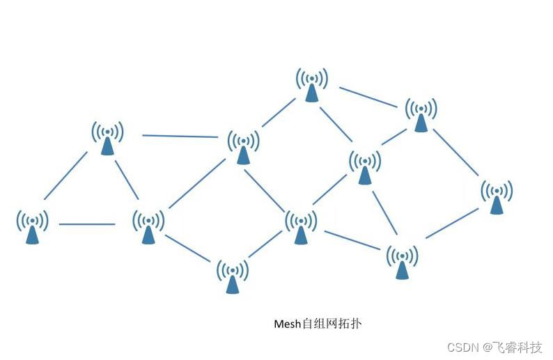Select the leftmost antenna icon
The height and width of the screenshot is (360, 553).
pyautogui.click(x=32, y=228)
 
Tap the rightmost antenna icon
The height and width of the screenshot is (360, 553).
pyautogui.click(x=497, y=197)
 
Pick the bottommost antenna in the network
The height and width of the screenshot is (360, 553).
pyautogui.click(x=232, y=276)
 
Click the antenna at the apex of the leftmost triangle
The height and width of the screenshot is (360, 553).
pyautogui.click(x=107, y=139)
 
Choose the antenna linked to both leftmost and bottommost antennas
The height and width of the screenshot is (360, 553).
pyautogui.click(x=148, y=228)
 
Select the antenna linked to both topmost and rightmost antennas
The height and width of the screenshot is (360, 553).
pyautogui.click(x=421, y=115)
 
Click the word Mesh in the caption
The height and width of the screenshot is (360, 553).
pyautogui.click(x=286, y=324)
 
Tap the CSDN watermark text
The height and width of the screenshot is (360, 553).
pyautogui.click(x=461, y=347)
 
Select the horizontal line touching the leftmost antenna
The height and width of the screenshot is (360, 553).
pyautogui.click(x=87, y=224)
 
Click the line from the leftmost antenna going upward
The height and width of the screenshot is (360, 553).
pyautogui.click(x=66, y=175)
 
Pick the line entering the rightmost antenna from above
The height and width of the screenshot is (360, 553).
pyautogui.click(x=458, y=153)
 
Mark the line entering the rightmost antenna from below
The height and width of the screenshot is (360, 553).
pyautogui.click(x=453, y=223)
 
